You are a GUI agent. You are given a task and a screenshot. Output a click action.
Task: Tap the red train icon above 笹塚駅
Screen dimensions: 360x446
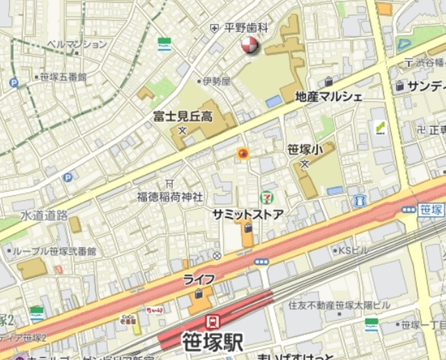(x=212, y=322)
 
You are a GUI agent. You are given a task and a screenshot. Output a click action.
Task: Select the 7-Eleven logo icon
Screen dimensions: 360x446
(x=266, y=198)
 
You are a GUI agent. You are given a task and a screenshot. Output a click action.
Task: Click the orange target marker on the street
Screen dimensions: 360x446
(x=243, y=154)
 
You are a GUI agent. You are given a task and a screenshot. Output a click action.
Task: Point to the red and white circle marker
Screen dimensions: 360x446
(x=249, y=47)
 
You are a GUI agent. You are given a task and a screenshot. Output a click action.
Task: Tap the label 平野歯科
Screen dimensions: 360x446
(x=246, y=28)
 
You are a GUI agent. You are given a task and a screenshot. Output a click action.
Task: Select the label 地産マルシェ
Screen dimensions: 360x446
(x=329, y=96)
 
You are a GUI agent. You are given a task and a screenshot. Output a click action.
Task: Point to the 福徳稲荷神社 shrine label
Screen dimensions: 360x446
(x=169, y=196)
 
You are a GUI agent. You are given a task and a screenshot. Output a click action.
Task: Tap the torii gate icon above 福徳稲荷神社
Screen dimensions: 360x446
(x=169, y=183)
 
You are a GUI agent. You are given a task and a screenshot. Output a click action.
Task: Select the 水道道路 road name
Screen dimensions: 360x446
(x=43, y=215)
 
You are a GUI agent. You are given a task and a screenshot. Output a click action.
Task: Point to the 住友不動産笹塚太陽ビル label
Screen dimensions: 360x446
(x=339, y=304)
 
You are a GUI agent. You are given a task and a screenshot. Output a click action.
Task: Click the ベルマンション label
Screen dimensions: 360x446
(x=77, y=44)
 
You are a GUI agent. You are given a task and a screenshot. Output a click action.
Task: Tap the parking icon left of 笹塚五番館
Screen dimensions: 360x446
(x=13, y=82)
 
